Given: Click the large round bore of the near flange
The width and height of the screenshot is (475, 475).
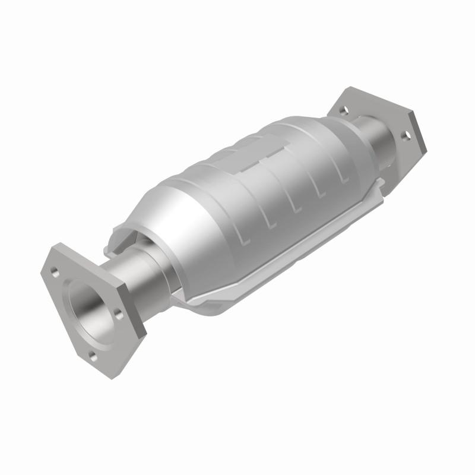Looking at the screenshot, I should pos(88,306).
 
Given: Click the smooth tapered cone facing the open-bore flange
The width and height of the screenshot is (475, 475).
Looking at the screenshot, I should pos(169,220).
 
